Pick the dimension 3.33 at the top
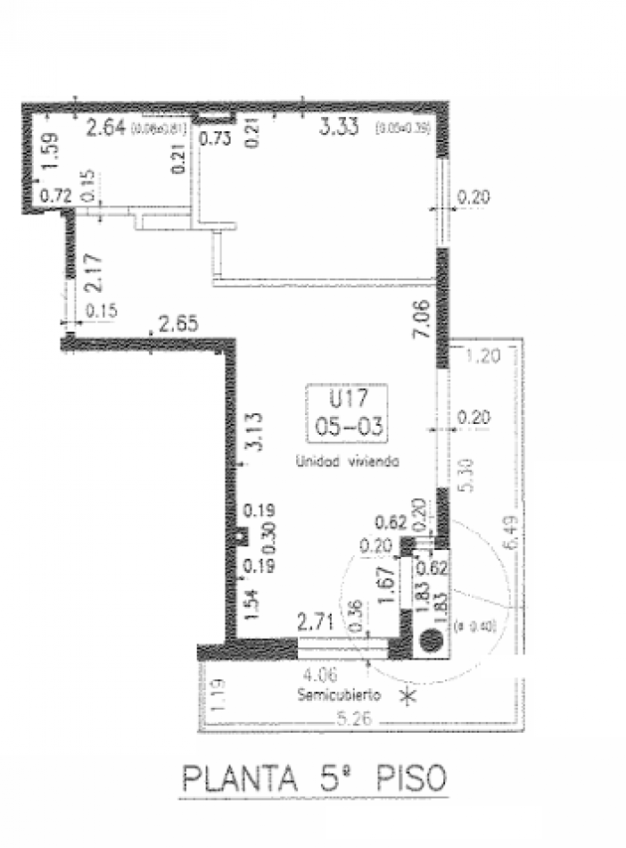coord(339,128)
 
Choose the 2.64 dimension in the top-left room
coord(105,128)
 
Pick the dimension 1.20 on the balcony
coord(483,357)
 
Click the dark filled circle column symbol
coord(430,639)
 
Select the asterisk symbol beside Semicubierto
coord(409,696)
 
